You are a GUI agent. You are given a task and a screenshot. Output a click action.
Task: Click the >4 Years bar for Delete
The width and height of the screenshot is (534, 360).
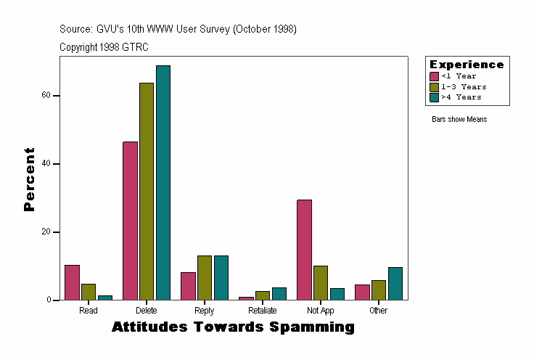(x=163, y=183)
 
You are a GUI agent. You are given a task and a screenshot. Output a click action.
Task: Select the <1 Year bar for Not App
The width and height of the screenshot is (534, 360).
(x=304, y=250)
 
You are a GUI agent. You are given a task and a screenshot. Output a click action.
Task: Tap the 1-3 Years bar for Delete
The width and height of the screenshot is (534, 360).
(x=147, y=192)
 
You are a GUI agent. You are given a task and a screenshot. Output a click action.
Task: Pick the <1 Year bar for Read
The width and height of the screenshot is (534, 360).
(x=72, y=282)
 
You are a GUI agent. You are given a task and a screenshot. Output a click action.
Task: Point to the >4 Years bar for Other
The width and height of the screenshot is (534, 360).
(x=395, y=284)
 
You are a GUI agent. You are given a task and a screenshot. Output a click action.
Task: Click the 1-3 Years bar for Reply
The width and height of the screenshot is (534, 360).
(x=205, y=278)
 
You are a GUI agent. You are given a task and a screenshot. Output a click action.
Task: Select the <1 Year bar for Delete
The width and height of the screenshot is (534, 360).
(x=130, y=221)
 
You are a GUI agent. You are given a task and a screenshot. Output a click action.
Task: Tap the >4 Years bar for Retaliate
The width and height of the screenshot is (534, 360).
(x=279, y=294)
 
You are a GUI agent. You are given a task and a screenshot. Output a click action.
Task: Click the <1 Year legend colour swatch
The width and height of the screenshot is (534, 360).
(x=434, y=76)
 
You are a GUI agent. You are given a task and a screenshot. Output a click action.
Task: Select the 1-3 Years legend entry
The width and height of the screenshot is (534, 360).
(x=464, y=86)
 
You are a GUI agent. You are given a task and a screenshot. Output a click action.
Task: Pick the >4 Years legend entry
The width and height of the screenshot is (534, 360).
(x=461, y=97)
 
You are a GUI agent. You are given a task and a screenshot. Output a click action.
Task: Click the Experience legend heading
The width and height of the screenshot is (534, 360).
(x=467, y=65)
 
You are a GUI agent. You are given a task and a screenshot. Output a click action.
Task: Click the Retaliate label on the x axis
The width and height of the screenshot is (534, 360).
(x=262, y=311)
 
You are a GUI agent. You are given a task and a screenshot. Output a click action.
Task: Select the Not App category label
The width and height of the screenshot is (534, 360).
(x=320, y=311)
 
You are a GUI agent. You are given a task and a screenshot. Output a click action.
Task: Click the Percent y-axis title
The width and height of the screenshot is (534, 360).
(x=29, y=179)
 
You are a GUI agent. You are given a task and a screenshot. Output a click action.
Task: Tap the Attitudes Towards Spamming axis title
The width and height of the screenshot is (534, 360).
(x=233, y=327)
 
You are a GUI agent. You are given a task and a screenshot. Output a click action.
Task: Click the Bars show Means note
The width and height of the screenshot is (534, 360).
(x=459, y=120)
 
